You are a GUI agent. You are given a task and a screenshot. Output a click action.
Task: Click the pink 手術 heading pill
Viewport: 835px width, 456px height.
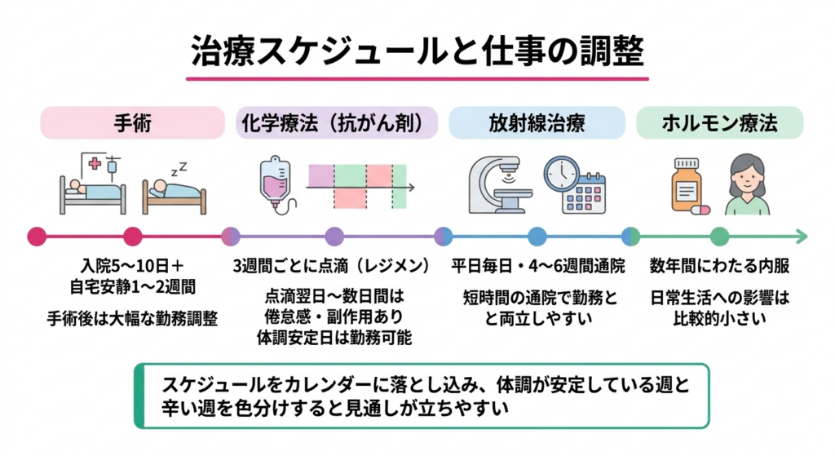pos(133,123)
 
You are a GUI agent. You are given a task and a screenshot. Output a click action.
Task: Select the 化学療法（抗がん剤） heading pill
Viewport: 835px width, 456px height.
pos(336,123)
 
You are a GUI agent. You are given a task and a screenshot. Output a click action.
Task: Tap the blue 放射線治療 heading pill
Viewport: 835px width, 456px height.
pos(537,123)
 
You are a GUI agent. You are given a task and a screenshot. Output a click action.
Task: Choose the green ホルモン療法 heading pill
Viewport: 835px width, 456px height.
pos(719,123)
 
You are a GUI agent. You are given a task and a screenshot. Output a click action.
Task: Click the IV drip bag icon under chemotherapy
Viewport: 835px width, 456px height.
pos(272,184)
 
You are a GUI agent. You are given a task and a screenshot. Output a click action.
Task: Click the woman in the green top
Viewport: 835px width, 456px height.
pos(747,185)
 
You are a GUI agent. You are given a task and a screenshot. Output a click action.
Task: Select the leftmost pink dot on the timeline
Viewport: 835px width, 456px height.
pos(37,237)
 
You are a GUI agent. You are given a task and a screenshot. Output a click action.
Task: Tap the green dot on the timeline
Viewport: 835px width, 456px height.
pos(718,237)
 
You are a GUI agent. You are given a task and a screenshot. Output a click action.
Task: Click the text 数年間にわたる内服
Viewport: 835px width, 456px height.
pos(719,266)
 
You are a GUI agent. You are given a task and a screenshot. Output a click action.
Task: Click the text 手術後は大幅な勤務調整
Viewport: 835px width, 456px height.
pos(132,318)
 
